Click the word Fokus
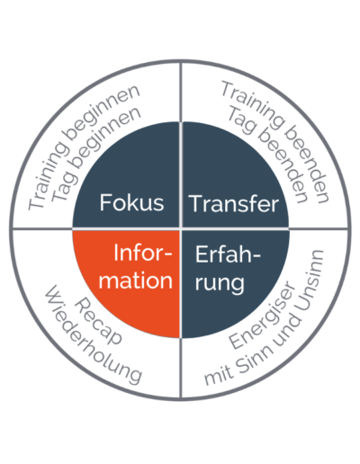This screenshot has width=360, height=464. pyautogui.click(x=131, y=203)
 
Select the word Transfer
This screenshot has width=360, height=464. pyautogui.click(x=234, y=204)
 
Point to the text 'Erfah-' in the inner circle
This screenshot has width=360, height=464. pyautogui.click(x=228, y=254)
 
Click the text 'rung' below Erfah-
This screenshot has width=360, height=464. pyautogui.click(x=220, y=283)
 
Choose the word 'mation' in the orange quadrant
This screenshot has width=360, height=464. pyautogui.click(x=136, y=281)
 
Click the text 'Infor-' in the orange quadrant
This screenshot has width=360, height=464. pyautogui.click(x=143, y=254)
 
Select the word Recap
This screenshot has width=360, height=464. pyautogui.click(x=98, y=322)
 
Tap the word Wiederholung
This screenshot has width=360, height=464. pyautogui.click(x=93, y=335)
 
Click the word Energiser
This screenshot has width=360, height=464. pyautogui.click(x=262, y=315)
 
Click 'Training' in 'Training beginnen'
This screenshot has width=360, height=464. pyautogui.click(x=47, y=176)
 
